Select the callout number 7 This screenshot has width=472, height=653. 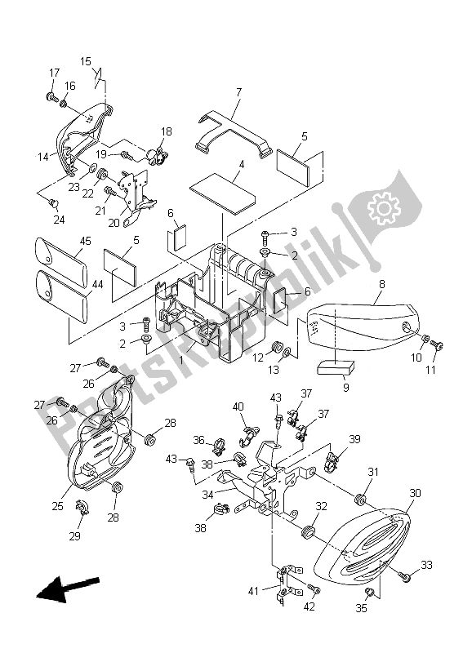[238, 93]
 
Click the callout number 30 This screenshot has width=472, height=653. [415, 493]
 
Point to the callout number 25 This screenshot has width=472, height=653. [57, 506]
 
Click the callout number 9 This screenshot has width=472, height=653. [345, 388]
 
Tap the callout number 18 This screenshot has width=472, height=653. [167, 131]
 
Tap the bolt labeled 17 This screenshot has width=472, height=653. [52, 98]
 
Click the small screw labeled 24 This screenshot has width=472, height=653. [54, 202]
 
